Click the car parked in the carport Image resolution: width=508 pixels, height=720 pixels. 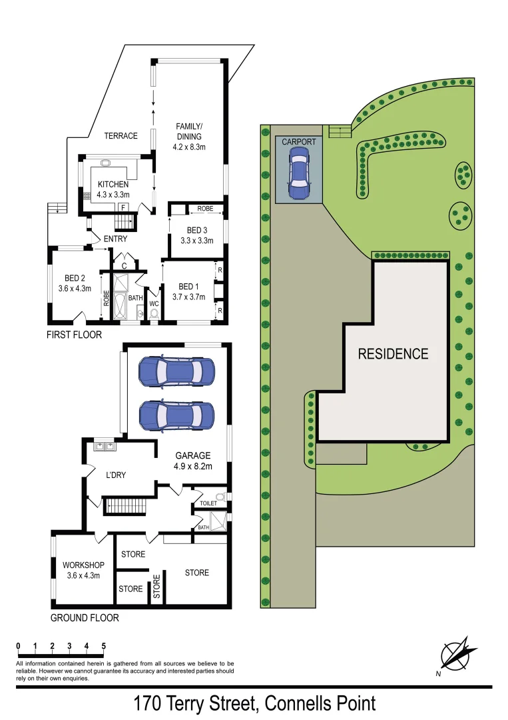coord(299,173)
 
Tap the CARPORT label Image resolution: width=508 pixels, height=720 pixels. coord(299,142)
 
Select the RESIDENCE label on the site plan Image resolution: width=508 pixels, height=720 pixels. coord(393,353)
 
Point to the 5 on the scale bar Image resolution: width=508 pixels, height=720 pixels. coord(104,646)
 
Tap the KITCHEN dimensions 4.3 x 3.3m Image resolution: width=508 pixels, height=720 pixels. coord(113,195)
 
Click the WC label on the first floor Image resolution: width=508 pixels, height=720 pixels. coord(154,303)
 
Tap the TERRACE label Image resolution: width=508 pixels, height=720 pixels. coord(121,136)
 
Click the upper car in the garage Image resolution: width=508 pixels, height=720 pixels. coord(176,371)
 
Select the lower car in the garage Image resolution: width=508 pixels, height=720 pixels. coord(176,417)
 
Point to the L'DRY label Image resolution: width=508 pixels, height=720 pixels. coord(116,475)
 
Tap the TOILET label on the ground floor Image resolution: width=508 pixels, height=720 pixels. coord(209,503)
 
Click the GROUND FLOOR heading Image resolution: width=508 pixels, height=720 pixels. coord(85,618)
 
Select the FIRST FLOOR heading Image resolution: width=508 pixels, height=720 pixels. coord(74,335)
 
